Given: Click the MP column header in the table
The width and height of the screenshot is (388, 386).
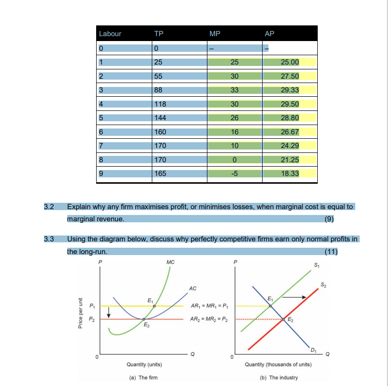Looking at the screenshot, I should coord(214,34).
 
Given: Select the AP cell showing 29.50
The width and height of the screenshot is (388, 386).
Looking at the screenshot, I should coord(290,104).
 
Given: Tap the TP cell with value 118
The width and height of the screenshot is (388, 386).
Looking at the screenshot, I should coord(160,104).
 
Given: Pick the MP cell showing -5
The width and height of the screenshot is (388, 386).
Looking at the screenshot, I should coord(234,174).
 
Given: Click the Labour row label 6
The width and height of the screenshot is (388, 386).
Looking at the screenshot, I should coord(102,132).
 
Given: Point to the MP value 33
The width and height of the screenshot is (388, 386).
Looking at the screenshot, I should coord(234,90).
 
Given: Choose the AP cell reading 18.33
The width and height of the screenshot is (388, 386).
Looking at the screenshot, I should coord(290,174).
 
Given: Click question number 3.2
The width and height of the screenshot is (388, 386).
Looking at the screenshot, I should coord(48,207).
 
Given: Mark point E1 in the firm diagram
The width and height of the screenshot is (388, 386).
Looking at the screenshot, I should coord(155,306).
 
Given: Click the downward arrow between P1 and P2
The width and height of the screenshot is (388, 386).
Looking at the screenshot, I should coord(109,312).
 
